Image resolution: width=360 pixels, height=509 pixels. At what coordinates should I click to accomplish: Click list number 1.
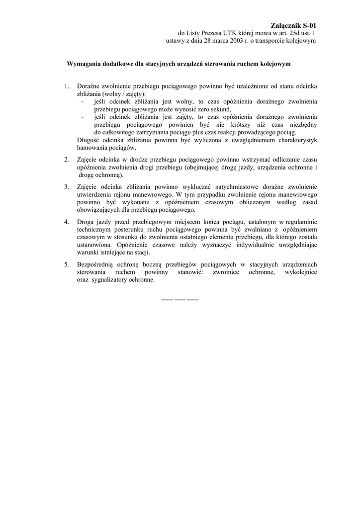66,86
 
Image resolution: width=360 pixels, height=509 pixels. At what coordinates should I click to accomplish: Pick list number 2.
66,160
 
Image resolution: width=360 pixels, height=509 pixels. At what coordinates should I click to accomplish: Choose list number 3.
66,186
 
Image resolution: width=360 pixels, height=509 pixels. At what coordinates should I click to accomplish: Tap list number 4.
66,221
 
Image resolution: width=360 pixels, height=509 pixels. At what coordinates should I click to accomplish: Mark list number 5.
66,264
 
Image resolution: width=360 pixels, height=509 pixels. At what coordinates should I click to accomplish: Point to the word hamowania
93,148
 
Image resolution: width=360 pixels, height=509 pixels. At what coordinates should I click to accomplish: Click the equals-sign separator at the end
180,300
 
